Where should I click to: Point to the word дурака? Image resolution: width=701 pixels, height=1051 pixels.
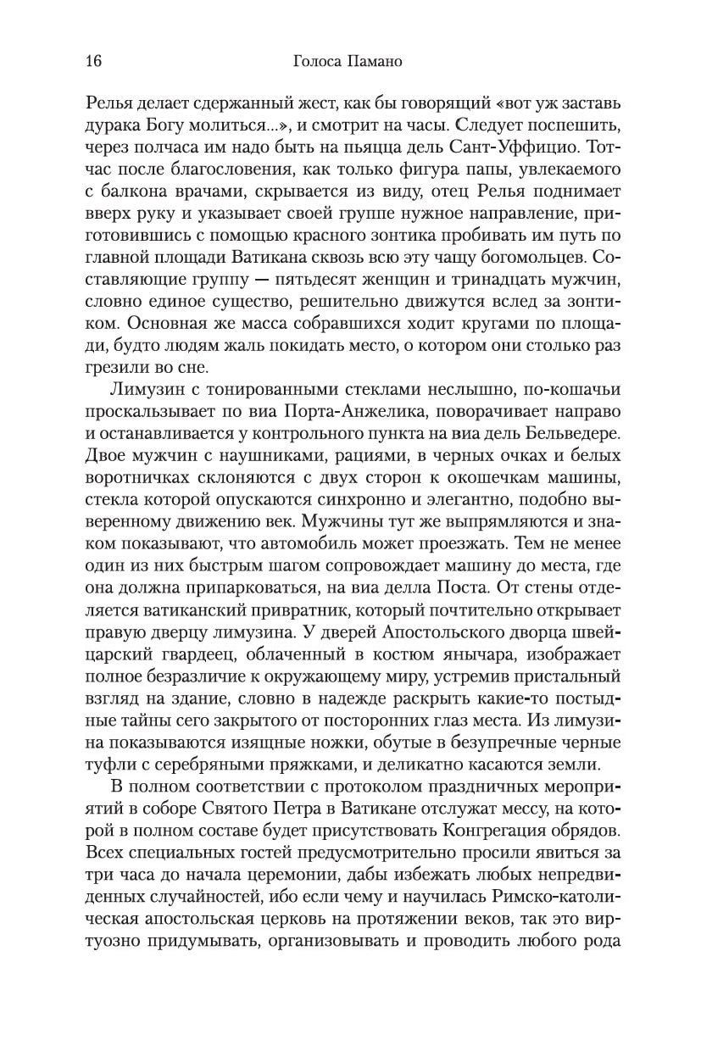(116, 128)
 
